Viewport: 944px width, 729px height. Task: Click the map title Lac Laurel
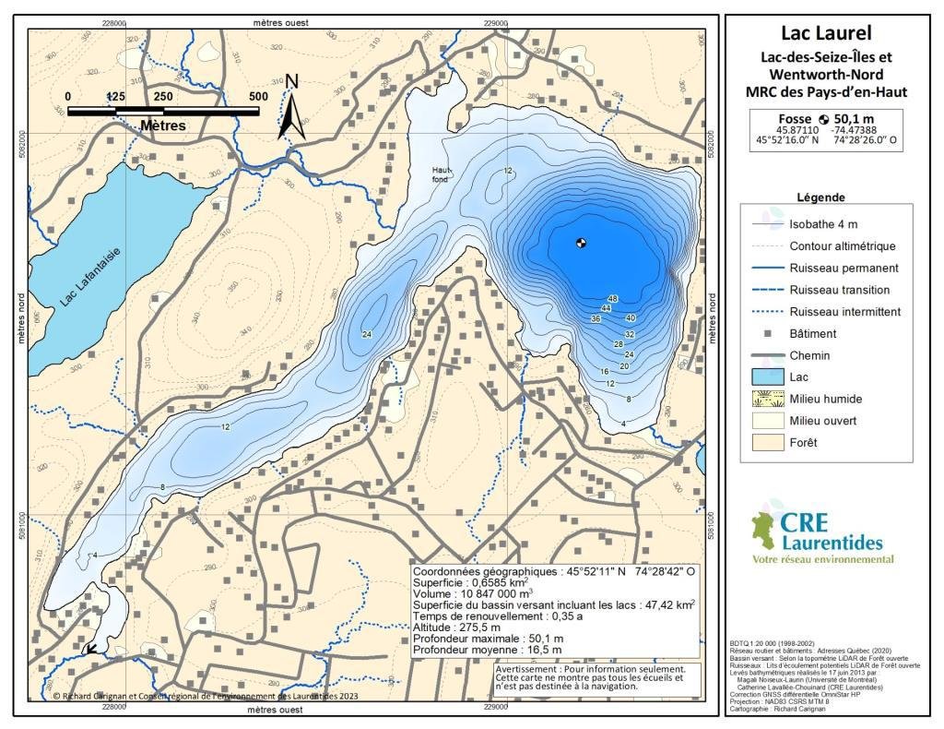pyautogui.click(x=826, y=33)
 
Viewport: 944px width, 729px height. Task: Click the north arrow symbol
pyautogui.click(x=292, y=108)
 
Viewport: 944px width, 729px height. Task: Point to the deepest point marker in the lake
pyautogui.click(x=581, y=244)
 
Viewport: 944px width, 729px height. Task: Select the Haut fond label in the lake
pyautogui.click(x=442, y=174)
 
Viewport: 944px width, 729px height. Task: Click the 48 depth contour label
pyautogui.click(x=612, y=298)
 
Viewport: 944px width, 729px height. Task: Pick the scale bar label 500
pyautogui.click(x=258, y=96)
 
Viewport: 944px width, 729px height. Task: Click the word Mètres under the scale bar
pyautogui.click(x=163, y=125)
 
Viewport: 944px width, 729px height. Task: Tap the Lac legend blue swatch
pyautogui.click(x=768, y=376)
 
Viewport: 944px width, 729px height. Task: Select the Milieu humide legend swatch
pyautogui.click(x=768, y=399)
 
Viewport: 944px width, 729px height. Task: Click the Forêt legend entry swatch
pyautogui.click(x=768, y=442)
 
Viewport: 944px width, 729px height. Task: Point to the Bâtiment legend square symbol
pyautogui.click(x=768, y=333)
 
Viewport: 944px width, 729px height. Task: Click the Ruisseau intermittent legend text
pyautogui.click(x=844, y=312)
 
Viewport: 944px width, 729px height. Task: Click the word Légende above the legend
pyautogui.click(x=820, y=197)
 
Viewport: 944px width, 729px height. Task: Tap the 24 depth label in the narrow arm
pyautogui.click(x=367, y=334)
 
